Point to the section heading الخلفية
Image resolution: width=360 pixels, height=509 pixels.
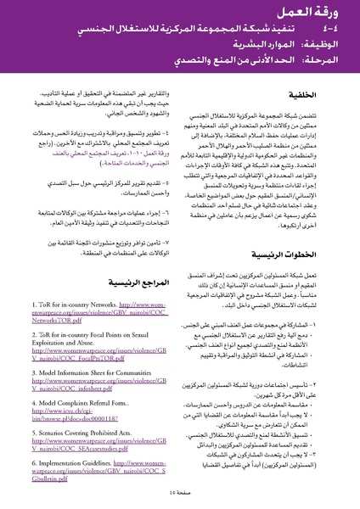(x=322, y=98)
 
